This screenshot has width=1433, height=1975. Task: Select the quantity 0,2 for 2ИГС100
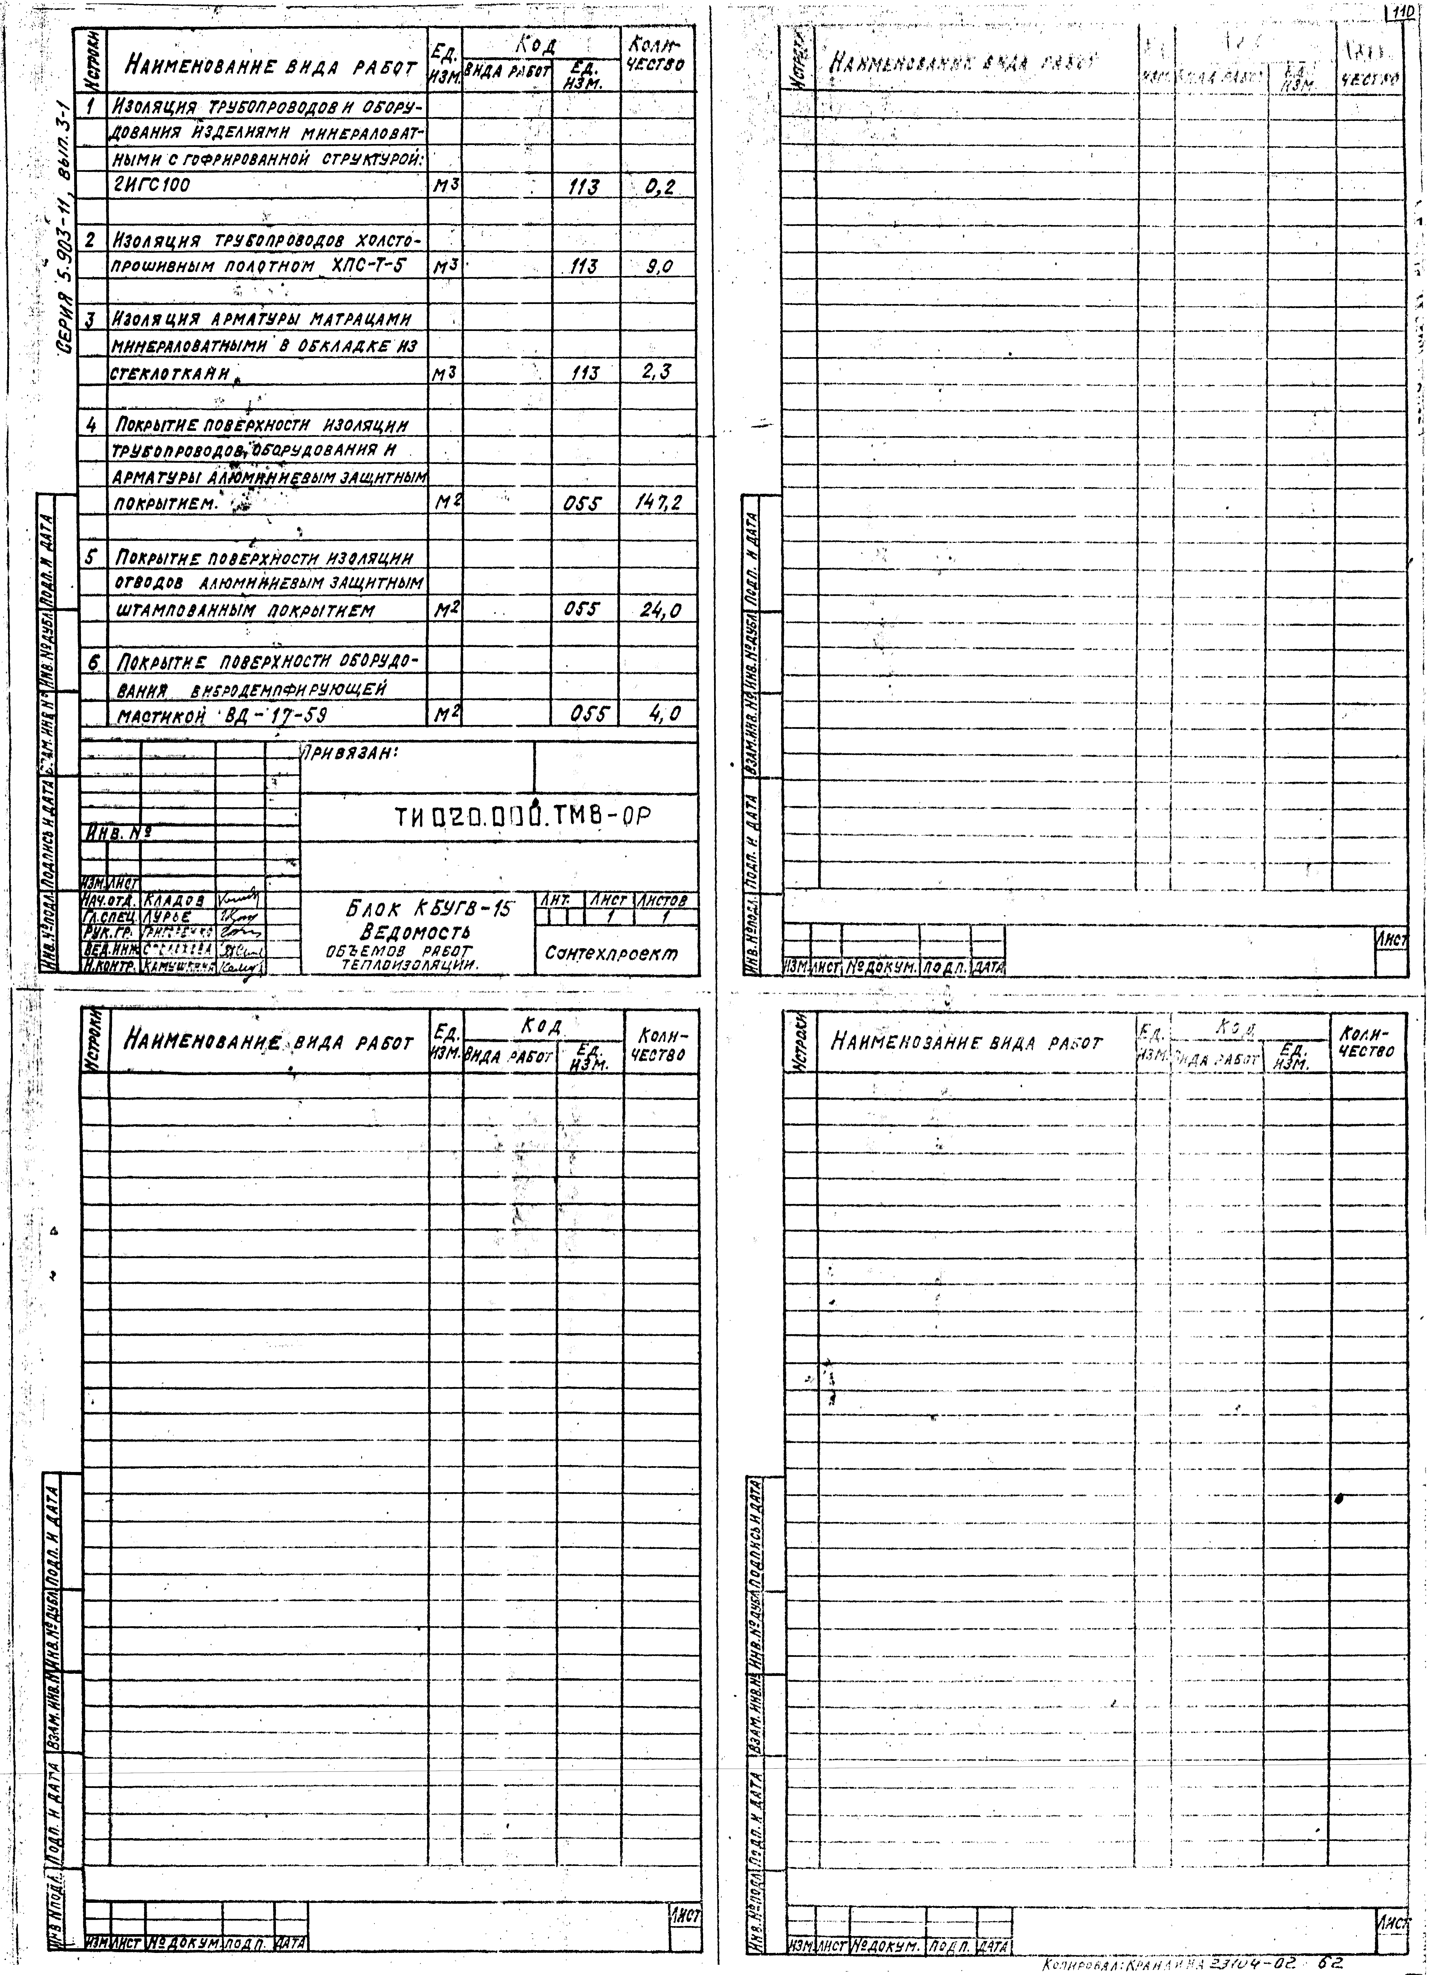coord(659,186)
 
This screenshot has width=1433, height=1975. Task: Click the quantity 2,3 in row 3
coord(657,373)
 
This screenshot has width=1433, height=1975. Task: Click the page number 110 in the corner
coord(1403,14)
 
